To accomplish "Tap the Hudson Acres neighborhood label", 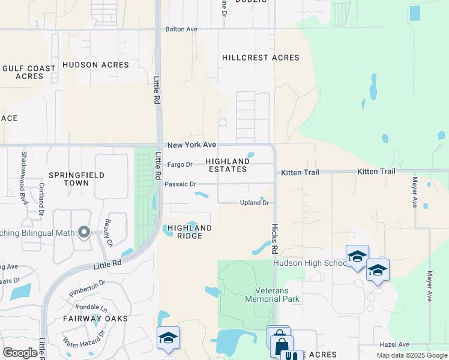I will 95,65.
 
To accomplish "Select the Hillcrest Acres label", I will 261,58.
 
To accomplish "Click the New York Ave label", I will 191,145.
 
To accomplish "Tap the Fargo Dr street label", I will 179,164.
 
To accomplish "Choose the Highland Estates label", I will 227,165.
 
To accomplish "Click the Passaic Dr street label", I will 180,184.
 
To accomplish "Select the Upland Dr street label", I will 255,203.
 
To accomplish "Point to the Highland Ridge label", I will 190,232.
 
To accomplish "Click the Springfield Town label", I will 76,179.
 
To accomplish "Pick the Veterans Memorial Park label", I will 273,294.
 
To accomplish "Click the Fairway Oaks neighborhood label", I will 95,319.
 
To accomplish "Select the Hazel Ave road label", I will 395,344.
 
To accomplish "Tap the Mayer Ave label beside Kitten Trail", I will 415,192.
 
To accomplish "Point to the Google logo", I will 20,353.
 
